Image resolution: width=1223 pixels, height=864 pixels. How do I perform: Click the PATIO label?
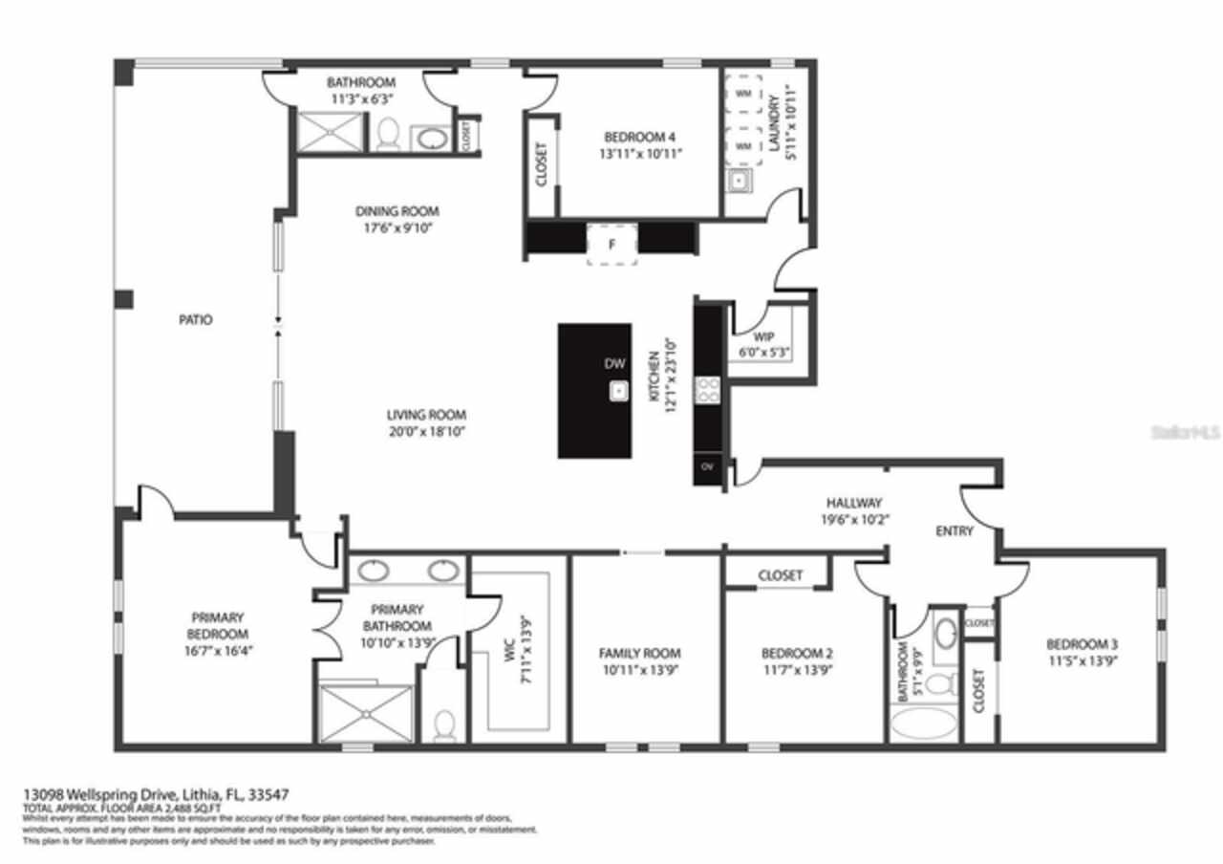[x=196, y=320]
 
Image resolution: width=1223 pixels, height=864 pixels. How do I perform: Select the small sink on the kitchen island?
[x=619, y=390]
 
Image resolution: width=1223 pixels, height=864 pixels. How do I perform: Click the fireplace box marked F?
[x=611, y=245]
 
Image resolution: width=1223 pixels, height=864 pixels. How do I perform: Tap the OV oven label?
[x=708, y=467]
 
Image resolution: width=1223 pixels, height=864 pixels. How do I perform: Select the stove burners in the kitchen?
[x=709, y=388]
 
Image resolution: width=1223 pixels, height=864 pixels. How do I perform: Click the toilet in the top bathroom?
[x=388, y=136]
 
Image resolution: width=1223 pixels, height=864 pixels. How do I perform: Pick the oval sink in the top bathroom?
[x=432, y=140]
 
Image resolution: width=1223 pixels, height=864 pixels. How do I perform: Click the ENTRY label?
[x=955, y=531]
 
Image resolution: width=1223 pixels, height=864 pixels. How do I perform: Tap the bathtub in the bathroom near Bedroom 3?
[x=924, y=722]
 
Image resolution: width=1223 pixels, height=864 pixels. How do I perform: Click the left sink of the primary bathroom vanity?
[x=371, y=571]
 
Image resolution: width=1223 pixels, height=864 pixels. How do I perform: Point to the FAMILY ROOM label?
[x=640, y=654]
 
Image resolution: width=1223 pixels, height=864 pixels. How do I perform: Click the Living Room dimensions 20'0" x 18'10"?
[x=426, y=431]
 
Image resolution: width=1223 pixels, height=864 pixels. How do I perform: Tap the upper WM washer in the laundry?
[x=742, y=94]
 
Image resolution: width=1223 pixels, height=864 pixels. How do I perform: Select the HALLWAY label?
[x=854, y=503]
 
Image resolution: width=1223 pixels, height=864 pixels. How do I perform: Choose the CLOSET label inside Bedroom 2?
[x=781, y=575]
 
